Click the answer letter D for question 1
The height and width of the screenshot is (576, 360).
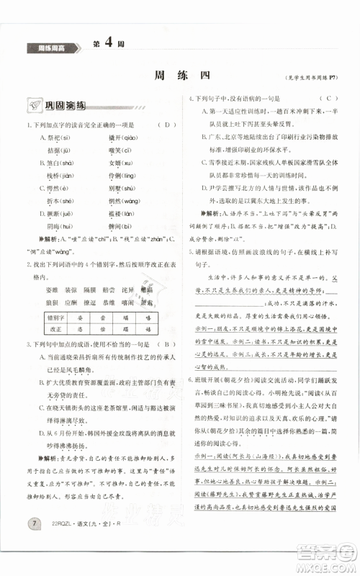166,126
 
